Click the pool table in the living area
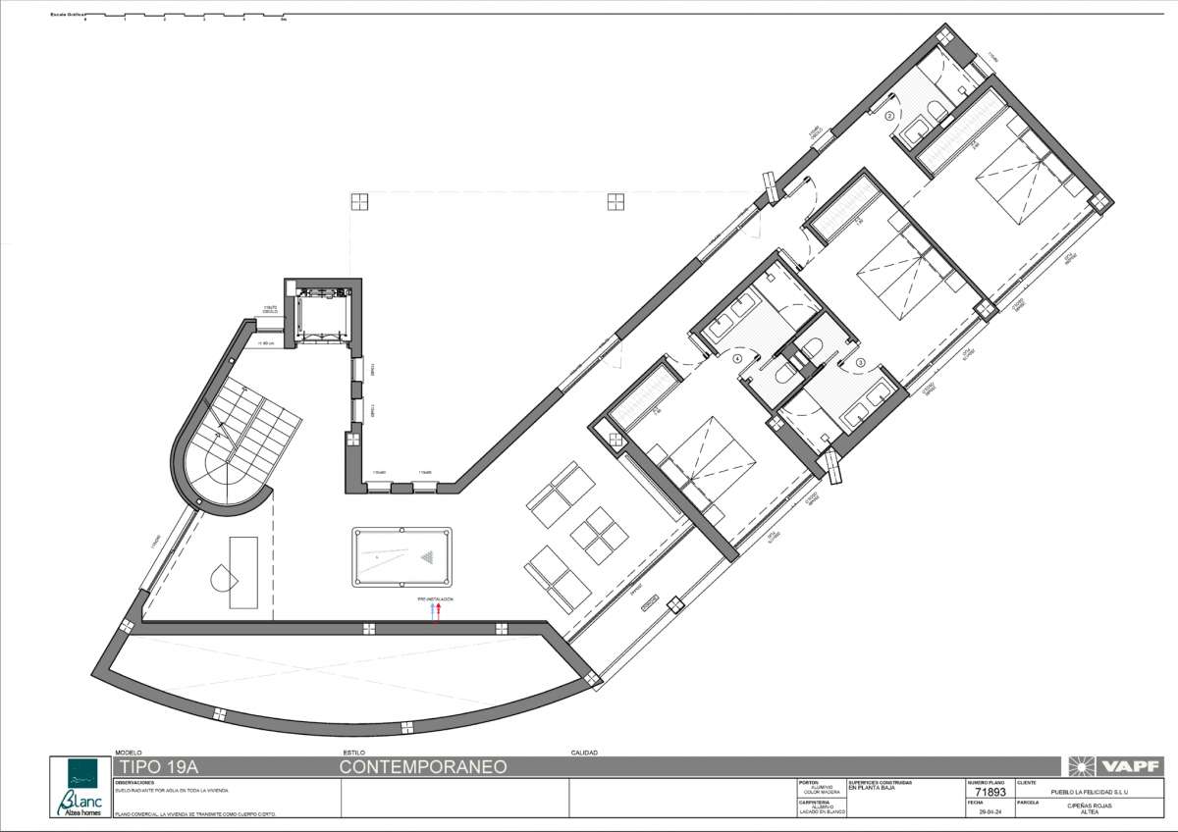[402, 556]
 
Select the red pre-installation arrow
[439, 610]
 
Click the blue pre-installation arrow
[433, 610]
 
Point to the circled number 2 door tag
[891, 116]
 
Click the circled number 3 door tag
[861, 362]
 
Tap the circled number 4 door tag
[737, 359]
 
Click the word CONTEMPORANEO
[423, 767]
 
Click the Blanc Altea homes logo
[80, 788]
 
